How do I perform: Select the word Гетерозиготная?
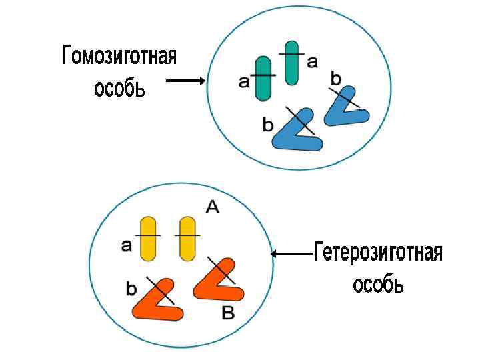click(378, 253)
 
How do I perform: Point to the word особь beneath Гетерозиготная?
click(378, 285)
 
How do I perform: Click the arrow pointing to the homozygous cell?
click(185, 81)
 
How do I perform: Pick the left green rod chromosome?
click(263, 78)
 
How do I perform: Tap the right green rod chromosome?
click(291, 61)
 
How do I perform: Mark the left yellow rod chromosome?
click(148, 237)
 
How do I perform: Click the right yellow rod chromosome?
click(187, 237)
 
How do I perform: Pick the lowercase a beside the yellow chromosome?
click(127, 246)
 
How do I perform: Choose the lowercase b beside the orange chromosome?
click(131, 289)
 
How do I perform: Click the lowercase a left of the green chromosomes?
click(243, 82)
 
